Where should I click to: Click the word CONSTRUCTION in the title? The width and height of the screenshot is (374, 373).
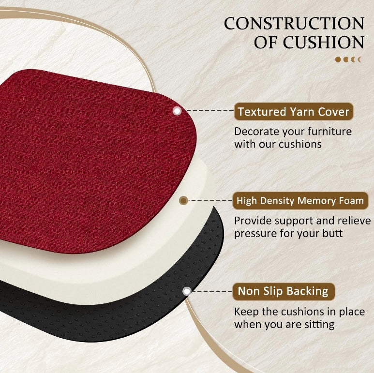[x=294, y=23]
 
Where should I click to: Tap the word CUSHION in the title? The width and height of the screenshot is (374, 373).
[x=324, y=43]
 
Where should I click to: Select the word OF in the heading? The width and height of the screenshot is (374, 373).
[x=266, y=43]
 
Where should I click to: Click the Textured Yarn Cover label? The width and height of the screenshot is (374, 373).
[x=293, y=112]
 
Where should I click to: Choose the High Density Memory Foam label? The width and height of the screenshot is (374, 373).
[x=299, y=200]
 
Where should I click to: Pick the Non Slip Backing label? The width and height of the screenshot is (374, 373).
[x=283, y=291]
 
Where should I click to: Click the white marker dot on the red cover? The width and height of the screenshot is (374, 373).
[x=177, y=111]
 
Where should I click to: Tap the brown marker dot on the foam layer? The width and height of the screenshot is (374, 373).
[x=183, y=200]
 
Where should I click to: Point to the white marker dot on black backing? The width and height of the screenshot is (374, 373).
[x=187, y=291]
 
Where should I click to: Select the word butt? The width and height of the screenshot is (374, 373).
[x=333, y=233]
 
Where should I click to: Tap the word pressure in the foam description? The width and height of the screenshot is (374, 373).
[x=254, y=233]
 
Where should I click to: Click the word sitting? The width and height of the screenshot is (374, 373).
[x=318, y=324]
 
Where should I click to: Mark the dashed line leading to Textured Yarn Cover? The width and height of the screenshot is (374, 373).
[x=208, y=111]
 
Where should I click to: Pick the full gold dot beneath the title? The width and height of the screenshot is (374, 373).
[x=338, y=60]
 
